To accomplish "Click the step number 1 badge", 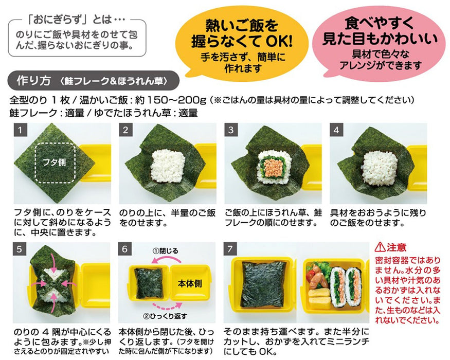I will tap(19, 130).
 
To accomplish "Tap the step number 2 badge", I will tap(125, 130).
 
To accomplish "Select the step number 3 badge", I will tap(231, 130).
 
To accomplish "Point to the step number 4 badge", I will tap(336, 130).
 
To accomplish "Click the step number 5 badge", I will tap(19, 248).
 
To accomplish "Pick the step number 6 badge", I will tap(125, 248).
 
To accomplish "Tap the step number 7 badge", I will tap(231, 248).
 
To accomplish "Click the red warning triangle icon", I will tap(379, 247).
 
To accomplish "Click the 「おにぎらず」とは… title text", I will tap(75, 24).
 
